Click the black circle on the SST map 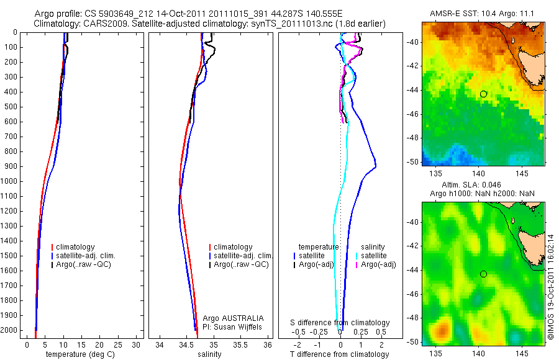point(483,94)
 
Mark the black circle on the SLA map point(483,274)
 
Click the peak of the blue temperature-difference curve point(376,164)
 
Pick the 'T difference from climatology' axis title point(340,354)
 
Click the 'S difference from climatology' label point(340,323)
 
